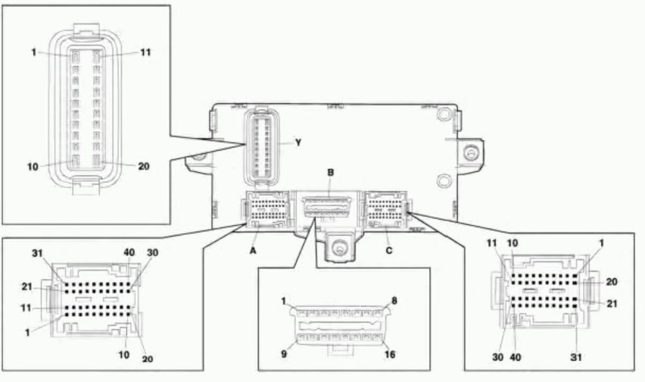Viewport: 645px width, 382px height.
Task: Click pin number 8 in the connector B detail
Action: pos(394,301)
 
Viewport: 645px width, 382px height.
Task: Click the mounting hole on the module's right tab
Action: pos(471,154)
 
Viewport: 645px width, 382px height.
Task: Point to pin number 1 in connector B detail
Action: pos(284,301)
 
